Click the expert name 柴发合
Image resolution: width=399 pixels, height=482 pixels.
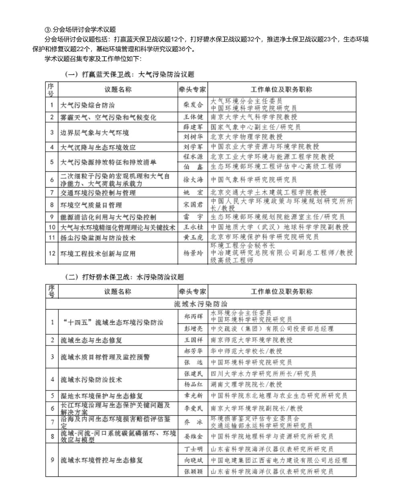(193, 105)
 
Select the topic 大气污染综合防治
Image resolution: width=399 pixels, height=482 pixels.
(87, 105)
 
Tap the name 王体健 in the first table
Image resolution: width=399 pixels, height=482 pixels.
(193, 117)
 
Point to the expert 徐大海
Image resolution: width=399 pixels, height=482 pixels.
(193, 180)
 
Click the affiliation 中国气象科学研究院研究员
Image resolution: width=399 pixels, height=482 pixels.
(254, 180)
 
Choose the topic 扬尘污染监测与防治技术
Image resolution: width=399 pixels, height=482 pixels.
(98, 237)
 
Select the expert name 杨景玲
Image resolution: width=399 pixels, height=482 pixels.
(193, 253)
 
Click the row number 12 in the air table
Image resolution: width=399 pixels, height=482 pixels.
(51, 253)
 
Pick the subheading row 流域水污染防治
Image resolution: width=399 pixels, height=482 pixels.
(201, 304)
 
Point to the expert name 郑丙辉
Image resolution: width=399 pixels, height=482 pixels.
(193, 316)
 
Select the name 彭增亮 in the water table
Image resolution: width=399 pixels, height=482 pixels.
(193, 329)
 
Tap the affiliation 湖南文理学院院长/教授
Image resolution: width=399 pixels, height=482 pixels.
(247, 384)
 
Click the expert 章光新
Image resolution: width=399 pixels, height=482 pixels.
(193, 396)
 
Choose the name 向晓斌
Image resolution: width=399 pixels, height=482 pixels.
(193, 460)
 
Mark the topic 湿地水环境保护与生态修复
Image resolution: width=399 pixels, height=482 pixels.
(102, 396)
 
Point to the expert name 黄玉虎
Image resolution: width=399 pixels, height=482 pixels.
(193, 237)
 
